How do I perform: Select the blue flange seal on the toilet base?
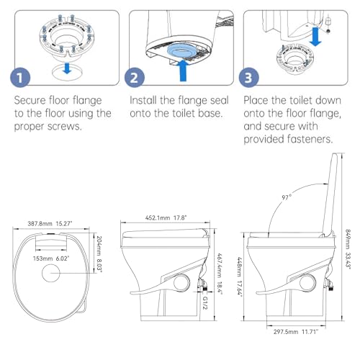pos(178,49)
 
